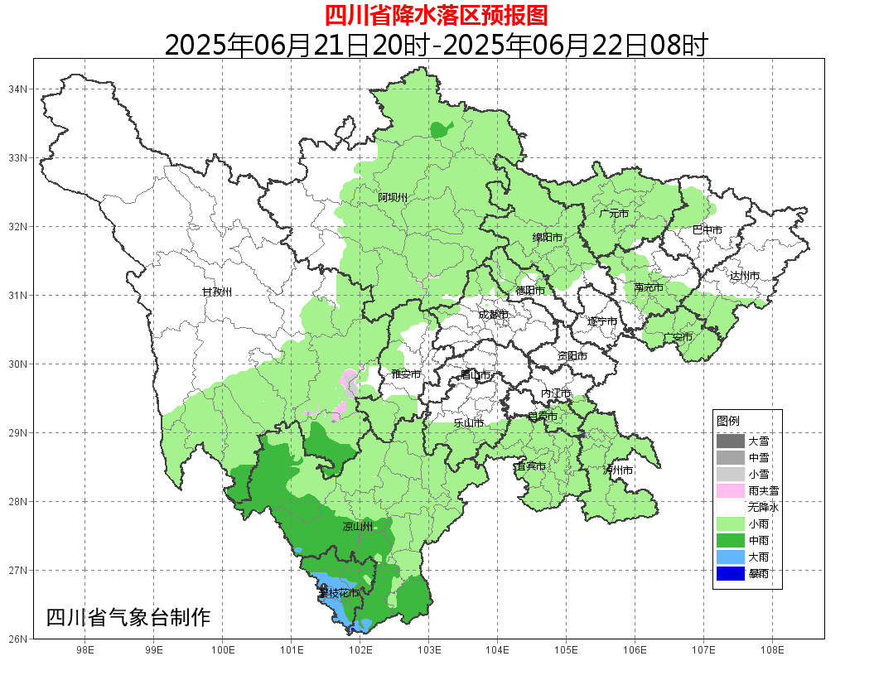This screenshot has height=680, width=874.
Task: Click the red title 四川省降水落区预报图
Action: (x=436, y=15)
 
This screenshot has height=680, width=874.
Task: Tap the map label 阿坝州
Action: (x=393, y=197)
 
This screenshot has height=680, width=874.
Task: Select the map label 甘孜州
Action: (x=217, y=292)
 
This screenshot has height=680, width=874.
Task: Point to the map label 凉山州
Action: (x=358, y=527)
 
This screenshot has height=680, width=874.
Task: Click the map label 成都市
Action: (x=493, y=315)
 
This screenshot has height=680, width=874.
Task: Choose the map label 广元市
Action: (x=614, y=214)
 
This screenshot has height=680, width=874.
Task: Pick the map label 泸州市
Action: (x=618, y=470)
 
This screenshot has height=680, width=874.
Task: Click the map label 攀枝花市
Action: (x=338, y=593)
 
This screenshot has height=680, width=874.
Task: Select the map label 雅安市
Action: (x=406, y=374)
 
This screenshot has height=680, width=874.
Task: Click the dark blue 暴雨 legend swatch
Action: (x=731, y=573)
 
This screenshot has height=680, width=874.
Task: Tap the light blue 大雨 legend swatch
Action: (x=731, y=557)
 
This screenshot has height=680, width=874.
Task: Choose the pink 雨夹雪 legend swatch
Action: (x=731, y=490)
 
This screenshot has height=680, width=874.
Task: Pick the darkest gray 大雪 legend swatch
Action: (x=731, y=441)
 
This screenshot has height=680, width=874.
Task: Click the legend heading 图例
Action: (x=728, y=422)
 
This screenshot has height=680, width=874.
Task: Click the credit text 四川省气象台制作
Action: (x=128, y=617)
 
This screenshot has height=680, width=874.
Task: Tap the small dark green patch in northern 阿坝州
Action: (x=441, y=129)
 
